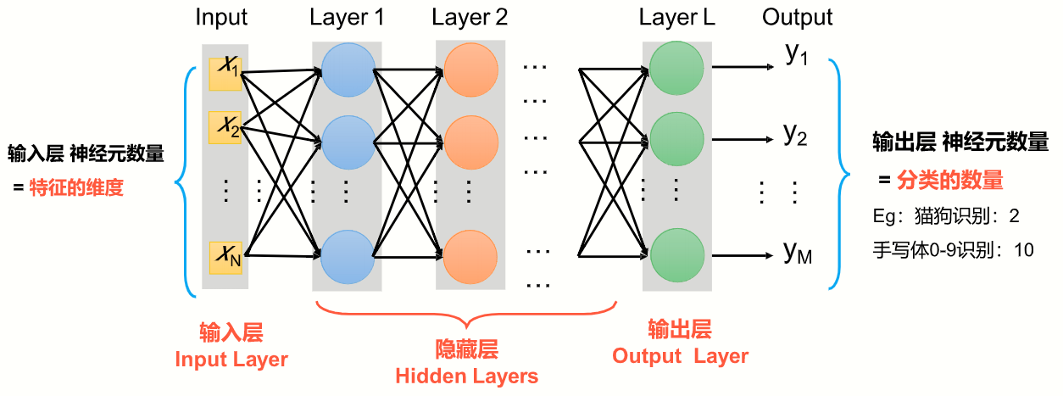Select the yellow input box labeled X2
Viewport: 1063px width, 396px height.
[x=225, y=127]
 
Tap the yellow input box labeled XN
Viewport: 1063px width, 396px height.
[x=225, y=257]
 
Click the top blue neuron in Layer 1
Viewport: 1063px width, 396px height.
[x=348, y=69]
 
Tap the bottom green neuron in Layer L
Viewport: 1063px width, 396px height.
[x=676, y=253]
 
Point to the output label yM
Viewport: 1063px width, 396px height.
[x=798, y=253]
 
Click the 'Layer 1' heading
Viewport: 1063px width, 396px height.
[x=348, y=18]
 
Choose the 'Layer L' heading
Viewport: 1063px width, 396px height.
[x=676, y=18]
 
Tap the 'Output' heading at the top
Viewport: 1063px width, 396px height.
[x=797, y=18]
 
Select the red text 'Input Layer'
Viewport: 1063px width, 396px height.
[x=231, y=360]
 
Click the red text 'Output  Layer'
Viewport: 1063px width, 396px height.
[x=680, y=356]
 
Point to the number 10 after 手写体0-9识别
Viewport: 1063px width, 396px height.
[x=1022, y=250]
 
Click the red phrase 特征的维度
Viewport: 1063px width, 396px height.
[x=76, y=187]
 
